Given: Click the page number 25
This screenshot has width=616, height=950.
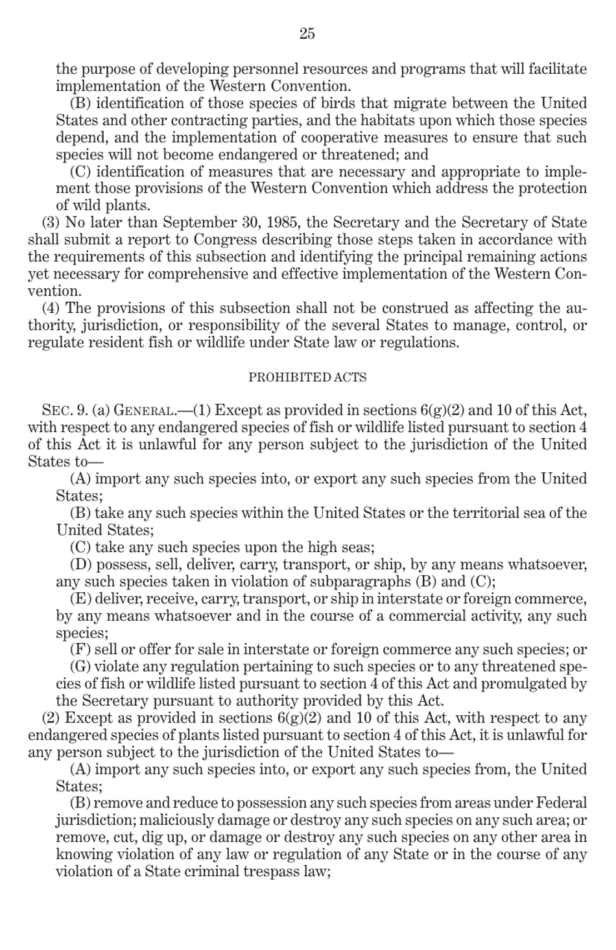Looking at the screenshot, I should tap(307, 34).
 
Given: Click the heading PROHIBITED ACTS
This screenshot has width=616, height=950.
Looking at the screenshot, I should tap(307, 377).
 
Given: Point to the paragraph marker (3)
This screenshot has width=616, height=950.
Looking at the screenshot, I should tap(51, 223).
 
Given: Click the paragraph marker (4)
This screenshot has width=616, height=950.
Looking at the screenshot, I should tap(51, 308).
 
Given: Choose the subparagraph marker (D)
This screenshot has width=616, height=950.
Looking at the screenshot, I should tap(80, 564).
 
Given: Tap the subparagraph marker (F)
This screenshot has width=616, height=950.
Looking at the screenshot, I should tap(80, 649).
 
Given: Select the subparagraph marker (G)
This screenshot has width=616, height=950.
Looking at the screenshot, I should tap(80, 667).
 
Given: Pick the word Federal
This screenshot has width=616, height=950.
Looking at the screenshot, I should tap(562, 803).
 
